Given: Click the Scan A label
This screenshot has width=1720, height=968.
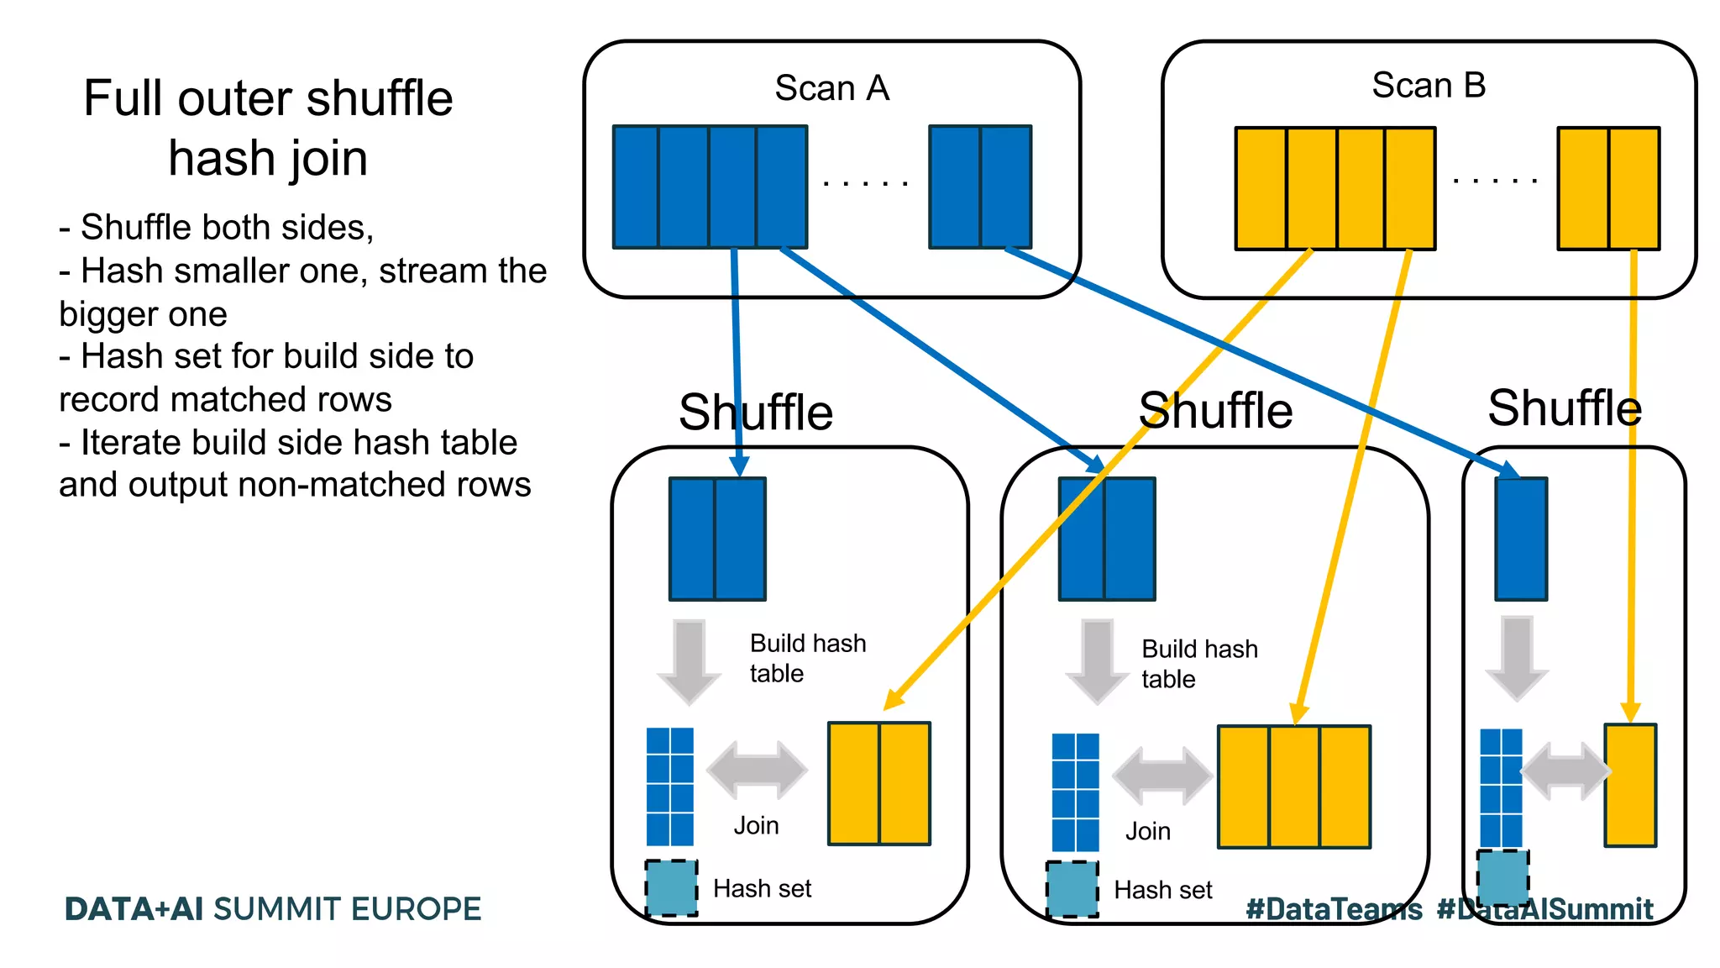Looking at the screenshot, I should [831, 88].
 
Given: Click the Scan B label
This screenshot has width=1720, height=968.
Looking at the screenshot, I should [1429, 86].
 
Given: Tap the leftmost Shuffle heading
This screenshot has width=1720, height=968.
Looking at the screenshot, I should [755, 413].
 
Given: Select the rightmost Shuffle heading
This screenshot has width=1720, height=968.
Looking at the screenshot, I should [1564, 408].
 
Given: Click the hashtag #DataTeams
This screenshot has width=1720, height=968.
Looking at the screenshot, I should [1334, 909].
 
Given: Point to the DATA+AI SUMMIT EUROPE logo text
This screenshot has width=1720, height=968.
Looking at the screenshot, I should [273, 909].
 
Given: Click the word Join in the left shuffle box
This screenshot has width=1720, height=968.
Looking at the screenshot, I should [756, 826].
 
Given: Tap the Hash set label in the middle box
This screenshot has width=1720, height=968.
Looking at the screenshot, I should [1162, 890].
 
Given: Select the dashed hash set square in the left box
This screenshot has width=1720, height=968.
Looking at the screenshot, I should [671, 887].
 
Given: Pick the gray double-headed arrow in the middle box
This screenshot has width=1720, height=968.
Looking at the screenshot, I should [1162, 775].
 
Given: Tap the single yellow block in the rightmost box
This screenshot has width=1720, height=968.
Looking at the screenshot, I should [1630, 785].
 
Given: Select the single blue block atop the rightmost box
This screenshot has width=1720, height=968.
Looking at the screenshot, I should [1520, 539].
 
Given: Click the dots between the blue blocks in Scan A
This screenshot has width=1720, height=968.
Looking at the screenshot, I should [866, 182].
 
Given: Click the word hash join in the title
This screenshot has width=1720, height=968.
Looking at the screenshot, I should [268, 158].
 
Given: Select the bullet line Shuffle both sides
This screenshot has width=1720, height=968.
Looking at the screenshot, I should [217, 228].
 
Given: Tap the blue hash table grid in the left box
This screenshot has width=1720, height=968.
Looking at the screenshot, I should [669, 786].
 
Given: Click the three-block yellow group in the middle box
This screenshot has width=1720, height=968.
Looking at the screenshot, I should [1293, 786].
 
